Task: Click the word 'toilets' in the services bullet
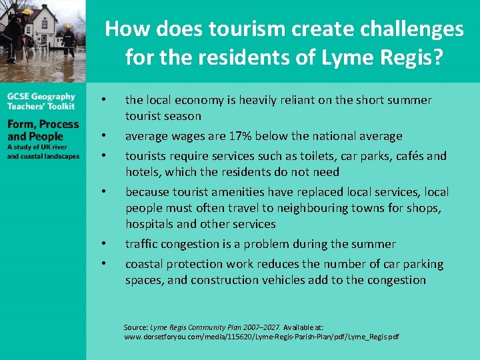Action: [x=340, y=156]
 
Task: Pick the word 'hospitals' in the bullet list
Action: [x=149, y=224]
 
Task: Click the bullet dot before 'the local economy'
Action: [x=103, y=101]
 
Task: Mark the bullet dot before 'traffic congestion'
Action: [x=103, y=245]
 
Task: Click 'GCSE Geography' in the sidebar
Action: [x=41, y=97]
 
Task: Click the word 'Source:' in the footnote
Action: [x=135, y=327]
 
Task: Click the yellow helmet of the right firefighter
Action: [x=67, y=27]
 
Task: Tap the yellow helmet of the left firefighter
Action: [x=27, y=12]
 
